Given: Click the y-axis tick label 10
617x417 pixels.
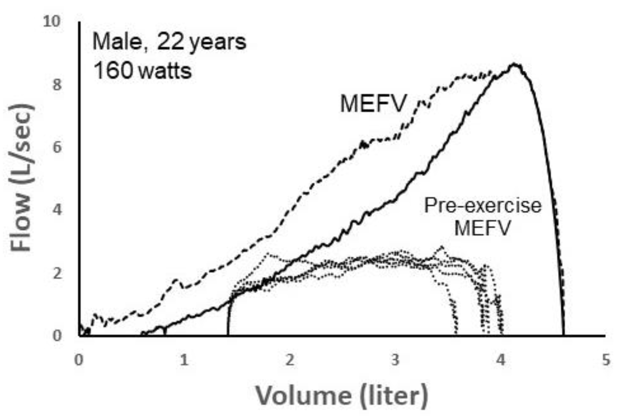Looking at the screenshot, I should tap(51, 22).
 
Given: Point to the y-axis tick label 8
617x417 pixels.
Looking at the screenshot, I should tap(56, 85).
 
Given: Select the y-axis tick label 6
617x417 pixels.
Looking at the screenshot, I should tap(56, 147).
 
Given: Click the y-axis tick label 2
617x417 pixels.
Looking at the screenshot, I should tap(56, 273).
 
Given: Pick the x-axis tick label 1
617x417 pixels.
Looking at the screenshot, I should tap(184, 360).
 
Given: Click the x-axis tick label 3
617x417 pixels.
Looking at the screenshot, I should tap(395, 360).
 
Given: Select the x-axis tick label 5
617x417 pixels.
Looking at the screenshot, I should tap(606, 360).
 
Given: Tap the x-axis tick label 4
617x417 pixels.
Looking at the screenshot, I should tap(501, 360).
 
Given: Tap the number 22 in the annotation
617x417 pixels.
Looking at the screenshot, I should tap(170, 42).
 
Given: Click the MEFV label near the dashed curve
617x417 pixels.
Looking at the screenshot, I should tap(373, 104).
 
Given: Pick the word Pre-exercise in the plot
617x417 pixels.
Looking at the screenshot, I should tap(482, 206).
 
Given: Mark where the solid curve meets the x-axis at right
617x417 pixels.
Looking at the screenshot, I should tap(563, 335).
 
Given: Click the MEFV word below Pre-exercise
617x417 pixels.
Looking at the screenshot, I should tap(482, 228).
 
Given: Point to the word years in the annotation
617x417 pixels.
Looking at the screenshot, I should tap(218, 42).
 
